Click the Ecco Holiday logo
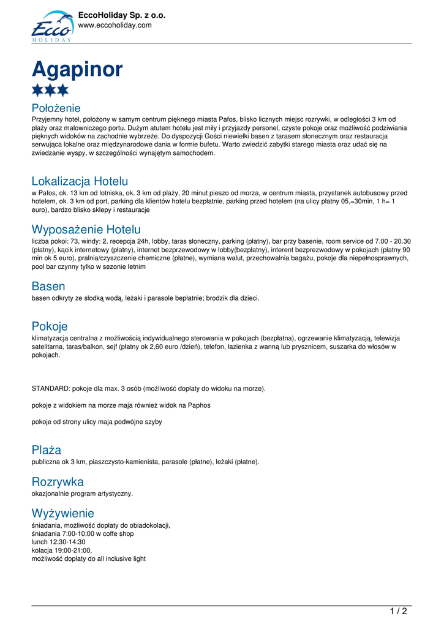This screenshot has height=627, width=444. pos(51,27)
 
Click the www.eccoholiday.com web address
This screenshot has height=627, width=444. pos(115,25)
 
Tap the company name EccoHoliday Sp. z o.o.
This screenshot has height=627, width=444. pos(122,15)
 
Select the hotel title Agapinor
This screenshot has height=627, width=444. pos(77,69)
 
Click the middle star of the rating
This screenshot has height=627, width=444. pos(50,91)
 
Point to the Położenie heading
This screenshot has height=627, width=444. pos(56,108)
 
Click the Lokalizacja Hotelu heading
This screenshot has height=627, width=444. pos(80,181)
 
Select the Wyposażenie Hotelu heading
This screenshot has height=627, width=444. pos(86,230)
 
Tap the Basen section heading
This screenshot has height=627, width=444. pos(48,287)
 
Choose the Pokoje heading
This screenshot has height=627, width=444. pos(50,326)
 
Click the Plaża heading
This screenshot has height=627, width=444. pos(47,450)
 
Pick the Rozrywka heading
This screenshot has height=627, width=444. pos(58,482)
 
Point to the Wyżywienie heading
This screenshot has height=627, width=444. pos(63,513)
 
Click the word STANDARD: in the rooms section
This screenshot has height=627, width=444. pos(51,388)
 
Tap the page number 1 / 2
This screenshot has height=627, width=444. pos(398,611)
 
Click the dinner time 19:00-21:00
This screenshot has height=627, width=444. pos(74,550)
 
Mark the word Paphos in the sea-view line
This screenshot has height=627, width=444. pos(198,405)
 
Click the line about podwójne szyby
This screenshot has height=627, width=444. pos(97,422)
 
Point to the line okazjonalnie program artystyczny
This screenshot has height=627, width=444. pos(82,493)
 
